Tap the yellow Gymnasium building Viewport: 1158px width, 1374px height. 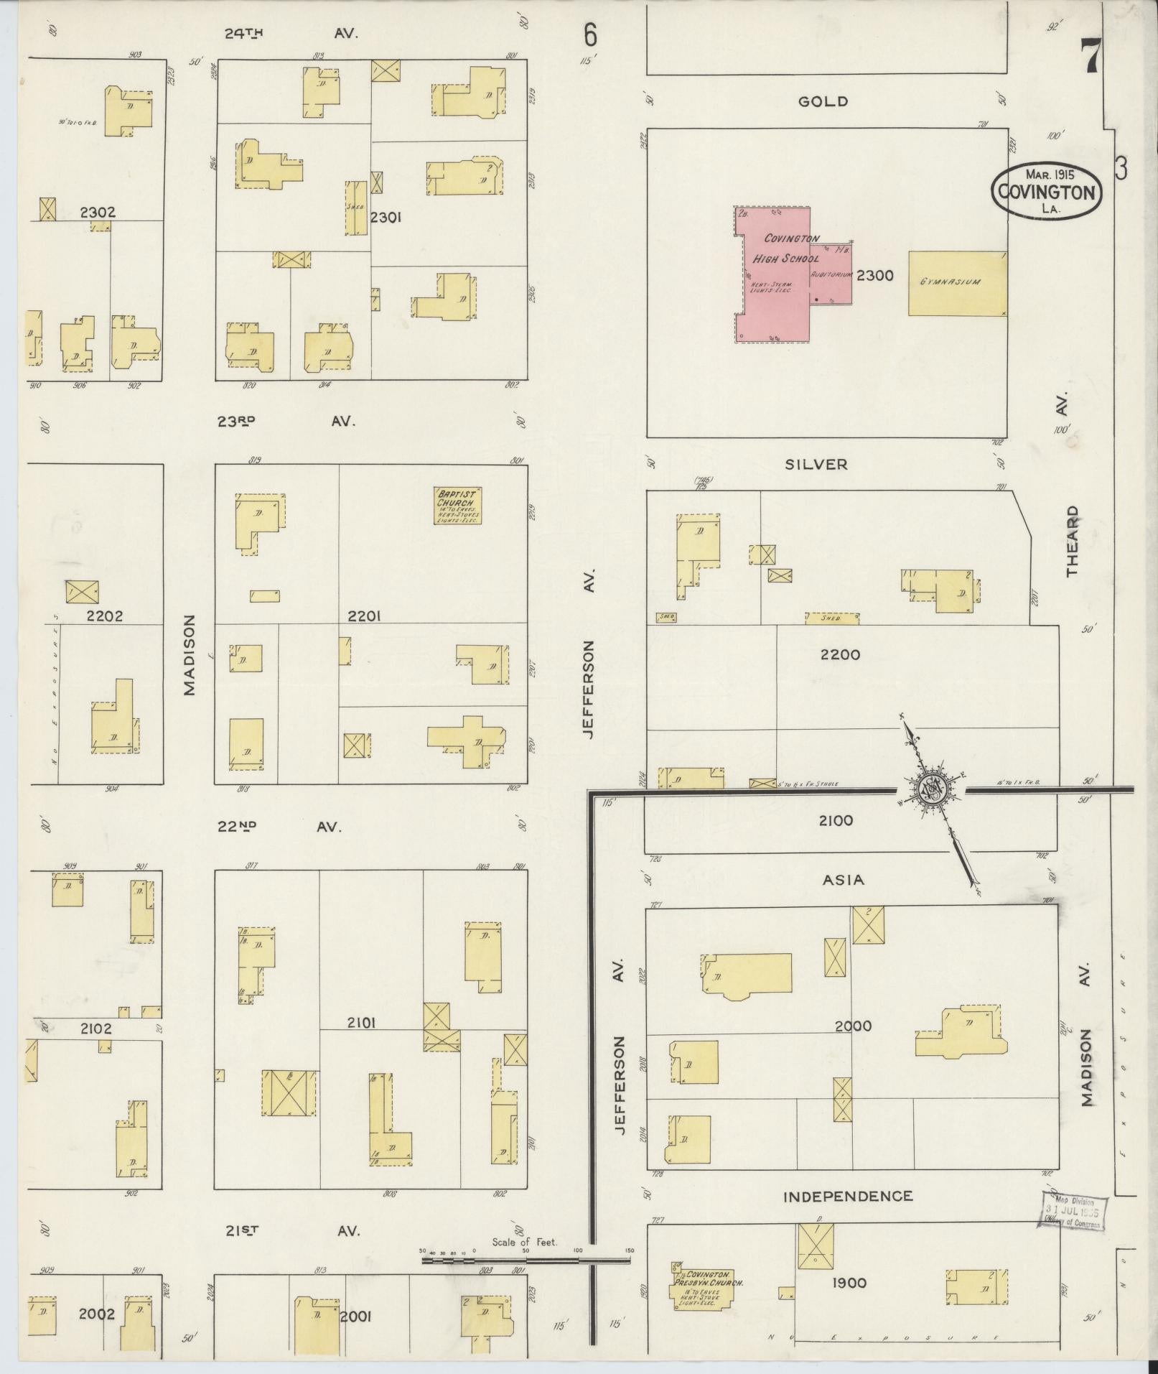coord(956,283)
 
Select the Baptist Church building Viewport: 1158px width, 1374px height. coord(457,506)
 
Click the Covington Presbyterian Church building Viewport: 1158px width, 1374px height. coord(707,1284)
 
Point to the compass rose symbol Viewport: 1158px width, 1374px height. coord(932,789)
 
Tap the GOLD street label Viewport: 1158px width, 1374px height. coord(823,101)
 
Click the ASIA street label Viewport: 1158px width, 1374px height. coord(844,879)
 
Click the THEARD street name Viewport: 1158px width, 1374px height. coord(1072,541)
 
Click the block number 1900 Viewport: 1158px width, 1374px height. coord(849,1282)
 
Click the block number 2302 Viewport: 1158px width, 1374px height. coord(98,213)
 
